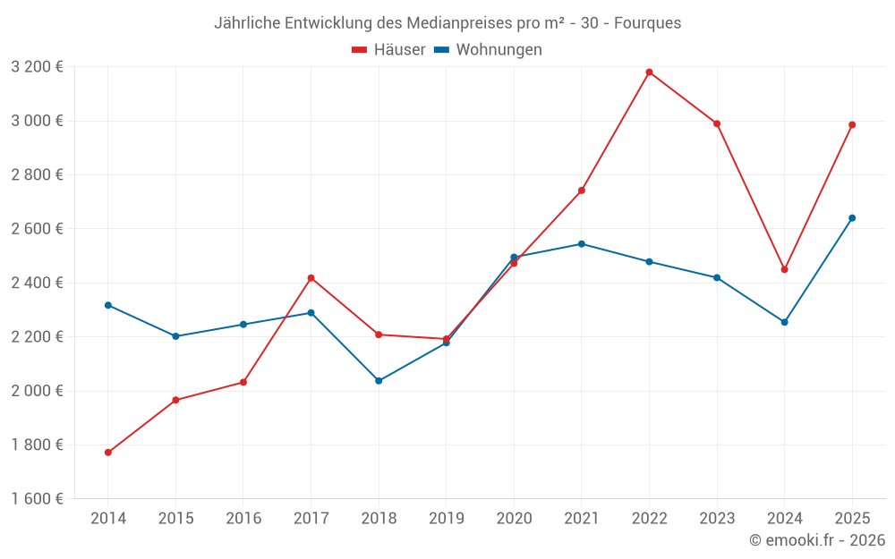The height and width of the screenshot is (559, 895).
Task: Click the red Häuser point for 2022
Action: click(649, 72)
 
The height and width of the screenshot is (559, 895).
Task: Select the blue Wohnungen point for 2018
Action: click(379, 381)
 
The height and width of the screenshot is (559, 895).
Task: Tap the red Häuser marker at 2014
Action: click(108, 453)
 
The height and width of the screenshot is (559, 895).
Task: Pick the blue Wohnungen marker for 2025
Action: click(852, 218)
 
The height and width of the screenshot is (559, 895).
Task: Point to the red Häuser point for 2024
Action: click(785, 269)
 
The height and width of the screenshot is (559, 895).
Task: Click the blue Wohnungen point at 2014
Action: click(108, 305)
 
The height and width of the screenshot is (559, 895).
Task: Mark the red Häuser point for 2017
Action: click(311, 278)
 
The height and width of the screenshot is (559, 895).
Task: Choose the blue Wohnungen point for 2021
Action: click(582, 244)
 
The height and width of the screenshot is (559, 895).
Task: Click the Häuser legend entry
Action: click(388, 50)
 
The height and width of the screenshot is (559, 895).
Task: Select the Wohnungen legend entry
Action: click(489, 50)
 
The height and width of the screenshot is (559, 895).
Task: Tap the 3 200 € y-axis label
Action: click(37, 67)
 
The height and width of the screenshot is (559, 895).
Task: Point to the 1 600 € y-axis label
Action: click(37, 499)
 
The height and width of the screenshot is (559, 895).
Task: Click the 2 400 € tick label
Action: click(37, 283)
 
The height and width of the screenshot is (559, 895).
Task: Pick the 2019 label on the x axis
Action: click(446, 519)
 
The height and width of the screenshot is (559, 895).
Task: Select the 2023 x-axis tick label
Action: click(717, 519)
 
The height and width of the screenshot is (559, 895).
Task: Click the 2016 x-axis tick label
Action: click(243, 519)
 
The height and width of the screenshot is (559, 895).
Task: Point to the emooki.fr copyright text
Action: click(817, 540)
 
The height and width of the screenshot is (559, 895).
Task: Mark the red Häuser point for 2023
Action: click(717, 124)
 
